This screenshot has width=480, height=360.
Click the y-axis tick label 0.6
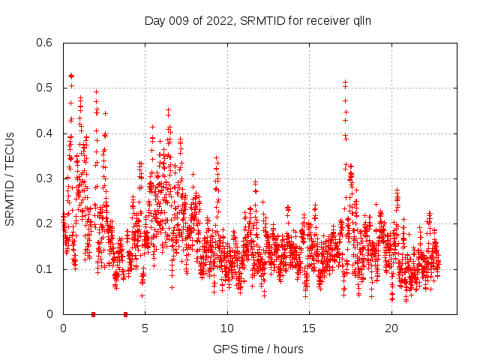point(46,43)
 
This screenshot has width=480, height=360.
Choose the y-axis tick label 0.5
point(46,88)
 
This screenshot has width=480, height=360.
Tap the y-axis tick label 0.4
point(46,133)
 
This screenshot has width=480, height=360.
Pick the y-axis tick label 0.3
point(46,178)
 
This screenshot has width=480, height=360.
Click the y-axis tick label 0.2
point(46,223)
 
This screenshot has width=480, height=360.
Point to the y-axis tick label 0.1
point(46,268)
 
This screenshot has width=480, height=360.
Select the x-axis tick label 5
point(145,328)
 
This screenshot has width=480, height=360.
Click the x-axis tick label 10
point(227,328)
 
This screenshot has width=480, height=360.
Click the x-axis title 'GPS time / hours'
point(258,349)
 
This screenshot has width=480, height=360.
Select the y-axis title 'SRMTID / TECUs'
point(10,178)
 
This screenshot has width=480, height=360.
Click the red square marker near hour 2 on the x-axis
point(93,314)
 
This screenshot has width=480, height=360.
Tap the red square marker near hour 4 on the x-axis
point(125,314)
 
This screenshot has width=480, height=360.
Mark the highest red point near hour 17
point(346,82)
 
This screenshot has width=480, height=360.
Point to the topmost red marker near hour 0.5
point(71,76)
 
